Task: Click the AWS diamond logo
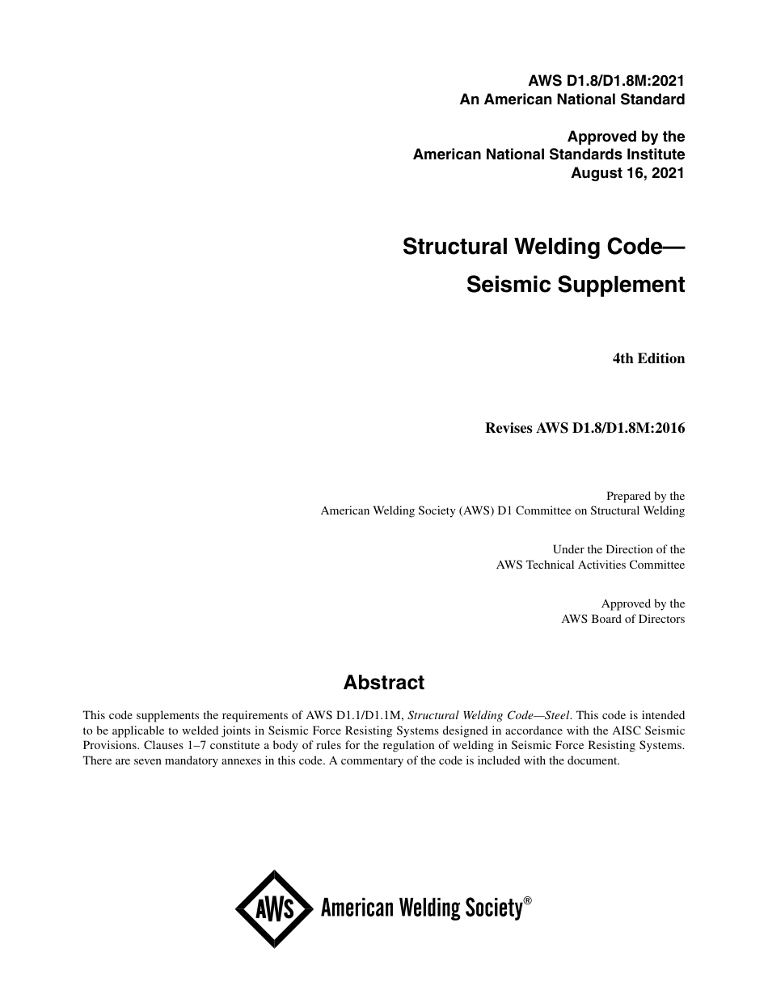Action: [274, 908]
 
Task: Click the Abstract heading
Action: [384, 683]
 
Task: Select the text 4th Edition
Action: [648, 358]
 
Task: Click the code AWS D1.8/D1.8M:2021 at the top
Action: [606, 80]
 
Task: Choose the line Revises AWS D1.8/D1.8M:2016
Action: [584, 429]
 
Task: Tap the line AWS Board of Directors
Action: [622, 619]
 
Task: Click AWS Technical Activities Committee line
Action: [590, 565]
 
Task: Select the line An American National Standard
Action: [572, 99]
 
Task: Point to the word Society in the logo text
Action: [492, 908]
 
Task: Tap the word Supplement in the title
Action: [625, 285]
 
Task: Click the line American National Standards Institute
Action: [549, 154]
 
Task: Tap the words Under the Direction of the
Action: [618, 549]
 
